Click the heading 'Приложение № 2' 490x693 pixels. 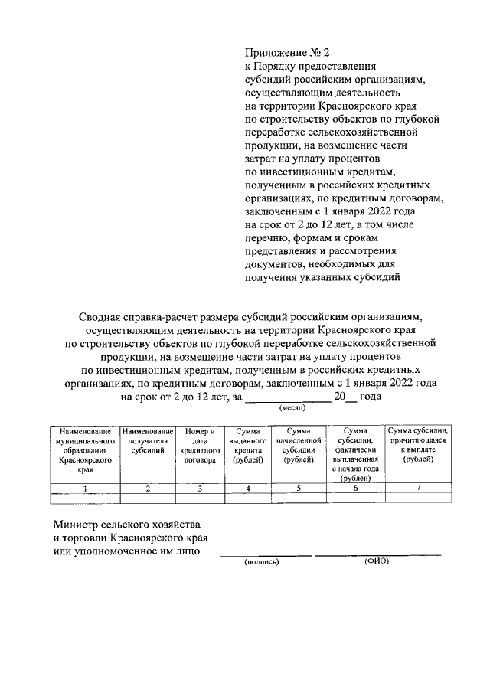click(x=286, y=53)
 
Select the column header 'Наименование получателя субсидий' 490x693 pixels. click(x=148, y=443)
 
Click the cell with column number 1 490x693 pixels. click(x=84, y=489)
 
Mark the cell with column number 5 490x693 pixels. click(x=300, y=489)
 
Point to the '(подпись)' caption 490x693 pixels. click(x=263, y=561)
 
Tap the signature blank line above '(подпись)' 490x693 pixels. click(x=266, y=553)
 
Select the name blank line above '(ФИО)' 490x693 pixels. click(x=377, y=553)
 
